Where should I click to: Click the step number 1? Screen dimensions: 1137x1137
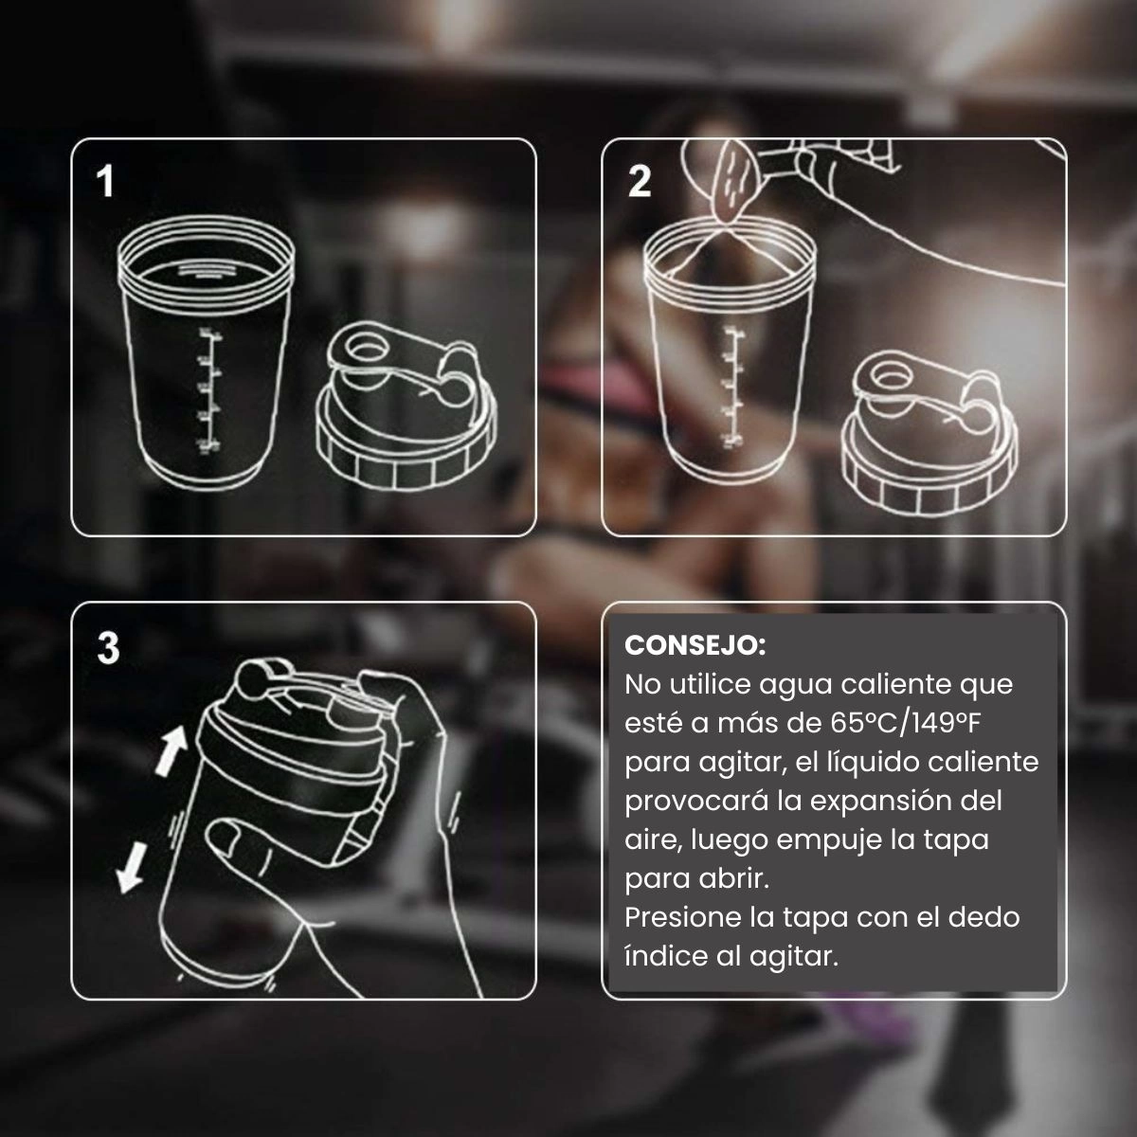[x=105, y=181]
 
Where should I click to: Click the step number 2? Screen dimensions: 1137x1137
[x=640, y=181]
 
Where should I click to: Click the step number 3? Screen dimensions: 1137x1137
[x=108, y=648]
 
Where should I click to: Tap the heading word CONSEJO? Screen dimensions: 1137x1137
[x=695, y=645]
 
